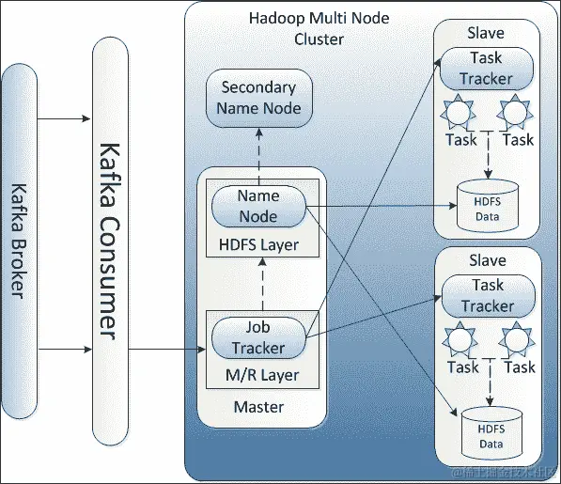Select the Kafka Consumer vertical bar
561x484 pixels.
click(110, 241)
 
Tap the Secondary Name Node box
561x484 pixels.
click(258, 98)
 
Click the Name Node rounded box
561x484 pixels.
click(258, 206)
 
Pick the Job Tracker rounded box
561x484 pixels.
click(258, 337)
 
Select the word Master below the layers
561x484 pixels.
click(257, 407)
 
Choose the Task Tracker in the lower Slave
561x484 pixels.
click(487, 295)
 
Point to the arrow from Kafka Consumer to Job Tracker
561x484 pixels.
click(166, 350)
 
